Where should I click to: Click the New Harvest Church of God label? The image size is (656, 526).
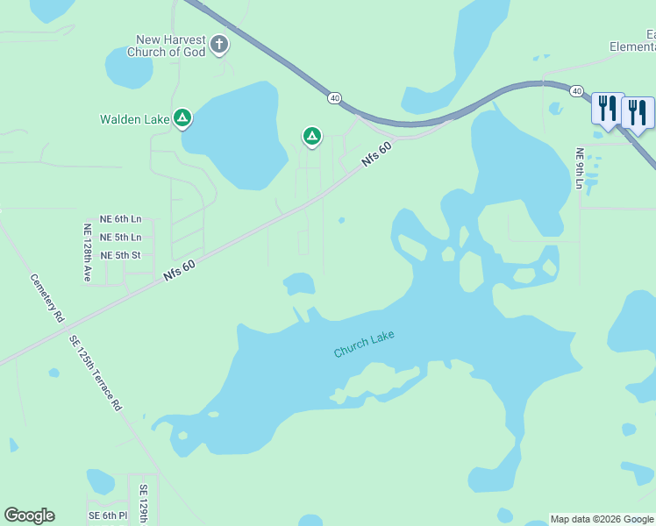(170, 46)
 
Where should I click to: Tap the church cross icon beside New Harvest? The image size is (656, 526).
(219, 44)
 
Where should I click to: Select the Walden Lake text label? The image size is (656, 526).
(134, 119)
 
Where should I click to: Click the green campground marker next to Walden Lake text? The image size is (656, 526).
(182, 117)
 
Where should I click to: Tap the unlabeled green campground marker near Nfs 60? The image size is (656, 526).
(311, 136)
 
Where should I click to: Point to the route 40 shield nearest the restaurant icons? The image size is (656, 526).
(576, 91)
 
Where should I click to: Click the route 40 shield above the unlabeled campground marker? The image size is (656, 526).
(335, 97)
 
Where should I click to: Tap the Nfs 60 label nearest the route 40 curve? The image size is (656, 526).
(375, 154)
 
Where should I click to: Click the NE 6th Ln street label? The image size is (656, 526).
(120, 219)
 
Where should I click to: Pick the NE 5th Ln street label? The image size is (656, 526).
(120, 238)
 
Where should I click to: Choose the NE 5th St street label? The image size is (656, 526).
(120, 256)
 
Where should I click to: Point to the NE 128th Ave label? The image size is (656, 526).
(87, 252)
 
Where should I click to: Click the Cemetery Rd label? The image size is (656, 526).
(47, 296)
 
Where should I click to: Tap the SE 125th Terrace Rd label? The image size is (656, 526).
(96, 372)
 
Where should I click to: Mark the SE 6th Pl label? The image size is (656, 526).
(107, 515)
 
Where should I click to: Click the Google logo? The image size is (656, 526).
(29, 515)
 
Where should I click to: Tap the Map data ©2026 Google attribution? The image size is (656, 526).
(602, 519)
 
